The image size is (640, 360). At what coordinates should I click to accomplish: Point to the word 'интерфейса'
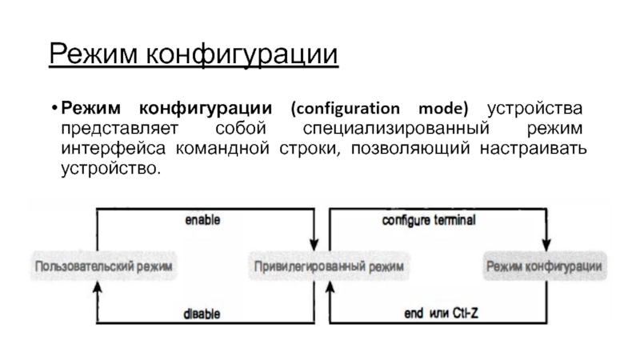pyautogui.click(x=102, y=149)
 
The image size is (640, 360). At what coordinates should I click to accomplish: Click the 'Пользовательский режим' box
pyautogui.click(x=103, y=265)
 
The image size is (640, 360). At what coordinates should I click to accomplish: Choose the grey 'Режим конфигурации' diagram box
pyautogui.click(x=544, y=265)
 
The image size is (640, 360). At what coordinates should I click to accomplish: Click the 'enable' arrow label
pyautogui.click(x=202, y=218)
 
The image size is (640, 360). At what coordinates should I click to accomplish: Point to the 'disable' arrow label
pyautogui.click(x=202, y=314)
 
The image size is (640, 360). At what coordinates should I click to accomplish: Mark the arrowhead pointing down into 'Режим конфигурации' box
pyautogui.click(x=546, y=243)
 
